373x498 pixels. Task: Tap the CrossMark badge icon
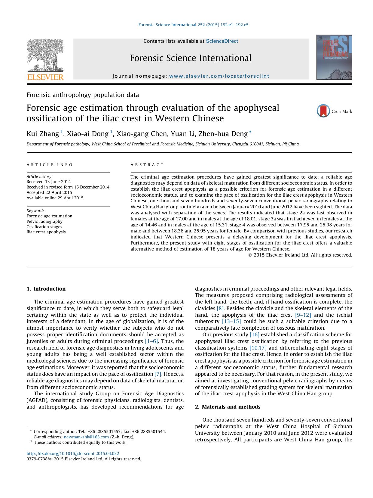point(323,111)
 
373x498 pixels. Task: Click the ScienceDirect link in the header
point(222,41)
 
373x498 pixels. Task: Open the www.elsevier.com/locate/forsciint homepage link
point(219,76)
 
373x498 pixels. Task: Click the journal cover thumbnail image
point(334,57)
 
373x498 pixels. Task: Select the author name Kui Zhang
point(43,134)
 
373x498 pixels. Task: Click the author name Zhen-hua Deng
point(223,134)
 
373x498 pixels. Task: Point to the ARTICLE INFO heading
point(50,165)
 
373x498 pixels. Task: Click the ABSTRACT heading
point(147,165)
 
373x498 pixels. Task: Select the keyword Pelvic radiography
point(44,221)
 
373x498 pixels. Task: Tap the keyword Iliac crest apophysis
point(46,232)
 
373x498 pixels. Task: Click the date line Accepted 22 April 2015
point(49,192)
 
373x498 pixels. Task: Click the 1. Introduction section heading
point(46,289)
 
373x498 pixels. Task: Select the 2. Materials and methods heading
point(228,407)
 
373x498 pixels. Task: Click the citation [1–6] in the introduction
point(151,341)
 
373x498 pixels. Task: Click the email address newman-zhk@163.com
point(86,437)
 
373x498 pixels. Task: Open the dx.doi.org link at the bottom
point(73,453)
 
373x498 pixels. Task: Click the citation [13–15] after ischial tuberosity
point(231,321)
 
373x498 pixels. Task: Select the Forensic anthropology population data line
point(83,95)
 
